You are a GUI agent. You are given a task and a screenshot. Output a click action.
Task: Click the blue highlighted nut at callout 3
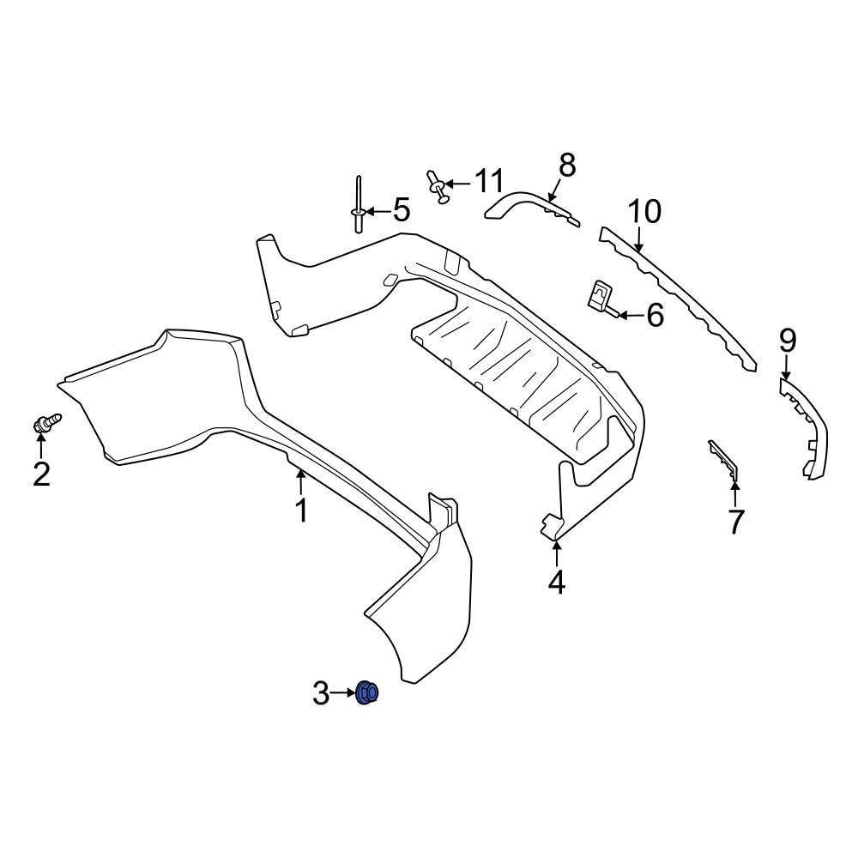368,692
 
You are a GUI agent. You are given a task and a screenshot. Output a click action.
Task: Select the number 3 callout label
321,692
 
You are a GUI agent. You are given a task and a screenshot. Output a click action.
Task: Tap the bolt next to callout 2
46,422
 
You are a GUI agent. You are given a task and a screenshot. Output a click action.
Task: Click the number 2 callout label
41,474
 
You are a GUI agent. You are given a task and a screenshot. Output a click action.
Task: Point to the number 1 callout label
301,511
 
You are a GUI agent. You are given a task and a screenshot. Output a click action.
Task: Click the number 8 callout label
567,165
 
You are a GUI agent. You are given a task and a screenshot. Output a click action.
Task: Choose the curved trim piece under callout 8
528,207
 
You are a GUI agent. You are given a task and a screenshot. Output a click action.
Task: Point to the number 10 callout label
644,211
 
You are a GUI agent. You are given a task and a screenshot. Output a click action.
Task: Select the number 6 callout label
655,316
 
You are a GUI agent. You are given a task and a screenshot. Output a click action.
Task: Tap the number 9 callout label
787,341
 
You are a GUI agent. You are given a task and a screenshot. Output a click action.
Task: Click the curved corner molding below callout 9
807,425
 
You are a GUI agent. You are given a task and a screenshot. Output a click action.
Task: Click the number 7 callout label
735,522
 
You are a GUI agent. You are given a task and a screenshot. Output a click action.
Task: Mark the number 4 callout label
557,583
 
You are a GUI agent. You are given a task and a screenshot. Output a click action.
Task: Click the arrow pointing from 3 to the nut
343,692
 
